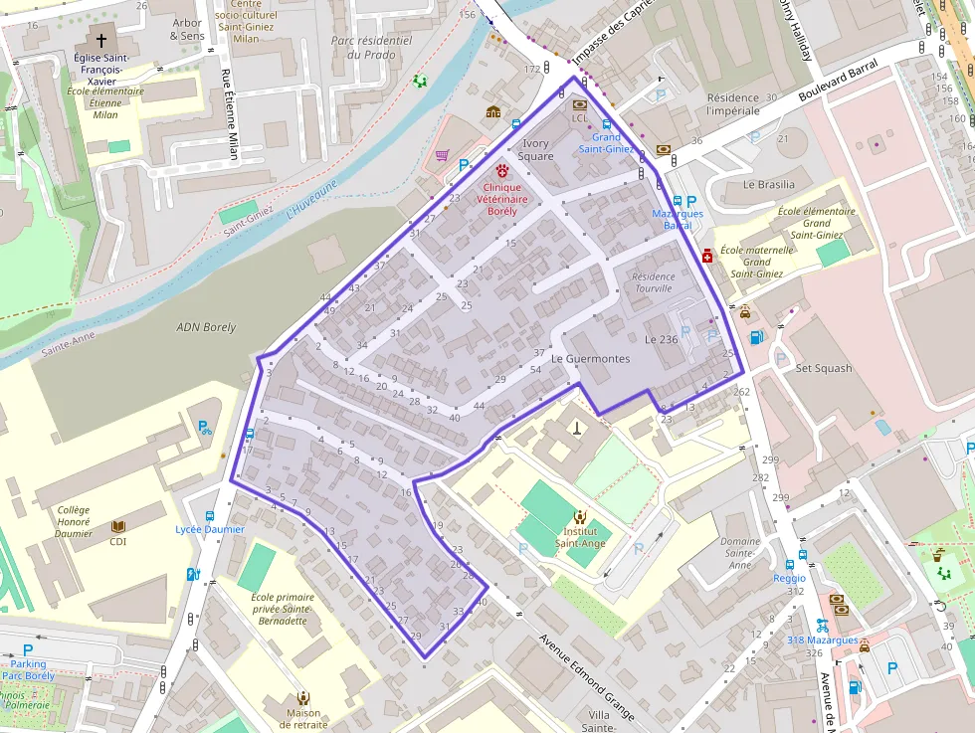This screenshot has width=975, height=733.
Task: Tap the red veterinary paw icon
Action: tap(502, 170)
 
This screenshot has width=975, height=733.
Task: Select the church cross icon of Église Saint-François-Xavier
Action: tap(100, 41)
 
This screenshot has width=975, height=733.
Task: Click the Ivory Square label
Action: tap(535, 150)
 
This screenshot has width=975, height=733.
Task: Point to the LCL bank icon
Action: tap(580, 103)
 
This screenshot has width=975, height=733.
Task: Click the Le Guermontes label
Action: tap(590, 358)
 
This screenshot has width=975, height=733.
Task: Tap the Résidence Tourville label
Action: tap(653, 282)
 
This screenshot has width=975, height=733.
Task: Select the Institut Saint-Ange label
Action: tap(580, 537)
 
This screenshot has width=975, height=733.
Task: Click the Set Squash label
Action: tap(824, 368)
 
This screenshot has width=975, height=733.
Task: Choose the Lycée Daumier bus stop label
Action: tap(210, 529)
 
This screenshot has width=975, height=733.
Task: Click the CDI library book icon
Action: tap(118, 525)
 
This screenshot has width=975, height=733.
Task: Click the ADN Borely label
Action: tap(206, 327)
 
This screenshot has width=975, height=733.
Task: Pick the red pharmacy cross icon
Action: tap(707, 256)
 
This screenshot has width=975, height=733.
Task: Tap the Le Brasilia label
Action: tap(769, 184)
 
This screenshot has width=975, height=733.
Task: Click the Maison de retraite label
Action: tap(303, 718)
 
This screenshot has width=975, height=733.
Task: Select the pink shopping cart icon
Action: tap(442, 155)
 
